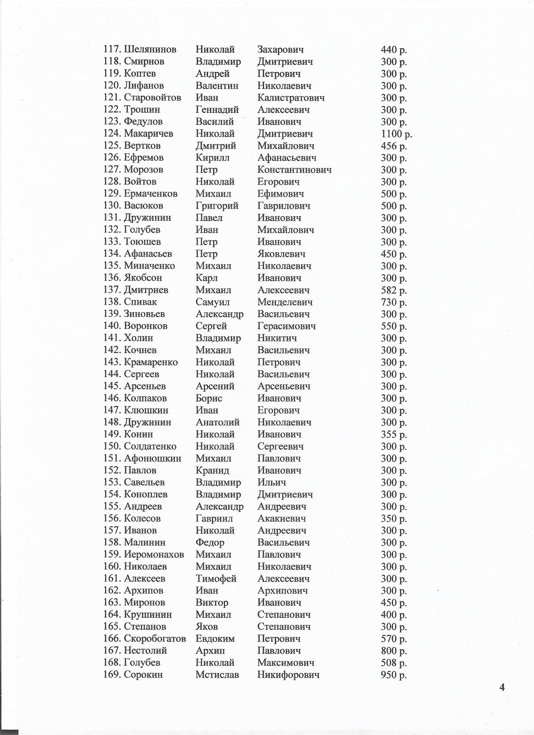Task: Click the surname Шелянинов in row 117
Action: click(150, 50)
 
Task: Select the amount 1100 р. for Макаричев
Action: click(396, 134)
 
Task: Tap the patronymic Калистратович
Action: click(291, 98)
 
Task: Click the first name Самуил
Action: click(212, 302)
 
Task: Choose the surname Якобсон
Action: click(143, 278)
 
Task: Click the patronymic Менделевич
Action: click(285, 302)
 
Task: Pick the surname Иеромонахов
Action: click(154, 555)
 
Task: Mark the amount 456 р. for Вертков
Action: click(394, 146)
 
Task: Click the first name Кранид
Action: click(212, 470)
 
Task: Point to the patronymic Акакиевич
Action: click(281, 518)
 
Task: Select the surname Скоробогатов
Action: click(155, 638)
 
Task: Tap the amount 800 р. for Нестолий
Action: click(394, 650)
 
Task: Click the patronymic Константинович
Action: click(294, 170)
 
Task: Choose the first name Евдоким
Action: click(215, 638)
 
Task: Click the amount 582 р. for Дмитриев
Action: click(394, 290)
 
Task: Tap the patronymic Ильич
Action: click(271, 482)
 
